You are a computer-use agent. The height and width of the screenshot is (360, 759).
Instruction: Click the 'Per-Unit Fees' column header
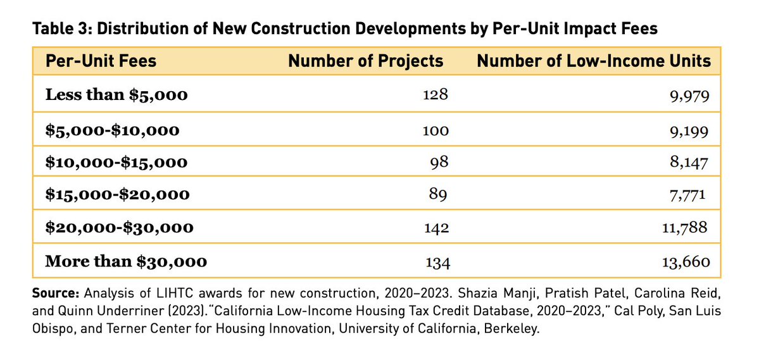coord(101,61)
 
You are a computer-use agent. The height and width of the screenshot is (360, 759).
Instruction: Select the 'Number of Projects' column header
coord(365,61)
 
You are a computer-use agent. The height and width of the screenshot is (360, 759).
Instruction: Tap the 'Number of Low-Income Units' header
coord(594,61)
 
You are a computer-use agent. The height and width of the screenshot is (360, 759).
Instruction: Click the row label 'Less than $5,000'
coord(116,96)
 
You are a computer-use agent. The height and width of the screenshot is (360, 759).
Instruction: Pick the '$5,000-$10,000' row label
coord(113,130)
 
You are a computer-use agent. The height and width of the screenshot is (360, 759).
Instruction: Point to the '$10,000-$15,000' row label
coord(116,163)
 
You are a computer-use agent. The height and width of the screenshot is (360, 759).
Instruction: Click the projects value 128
coord(436,96)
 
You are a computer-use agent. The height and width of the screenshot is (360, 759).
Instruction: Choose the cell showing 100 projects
coord(436,130)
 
